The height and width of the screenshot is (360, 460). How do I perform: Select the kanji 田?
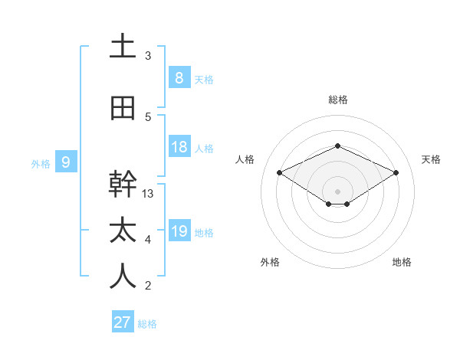point(123,109)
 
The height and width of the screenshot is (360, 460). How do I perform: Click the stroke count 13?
point(148,194)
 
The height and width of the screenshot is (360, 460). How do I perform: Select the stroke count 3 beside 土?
point(148,56)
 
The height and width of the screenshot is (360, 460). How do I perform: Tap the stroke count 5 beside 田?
point(148,117)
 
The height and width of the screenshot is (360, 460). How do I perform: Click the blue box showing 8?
point(179,78)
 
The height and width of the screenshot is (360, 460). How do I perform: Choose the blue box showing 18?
point(179,148)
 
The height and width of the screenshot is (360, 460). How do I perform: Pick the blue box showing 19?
point(179,231)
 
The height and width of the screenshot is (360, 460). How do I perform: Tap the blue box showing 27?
point(123,322)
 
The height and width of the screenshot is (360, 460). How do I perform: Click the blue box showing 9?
point(66,162)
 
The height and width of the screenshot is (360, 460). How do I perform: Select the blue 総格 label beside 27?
point(147,324)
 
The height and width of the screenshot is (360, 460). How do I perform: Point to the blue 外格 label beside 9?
point(40,163)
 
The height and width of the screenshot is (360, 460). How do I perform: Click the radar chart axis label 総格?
point(337,100)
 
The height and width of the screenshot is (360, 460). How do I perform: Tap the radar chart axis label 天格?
point(431,159)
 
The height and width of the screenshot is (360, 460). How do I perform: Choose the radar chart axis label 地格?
point(402,262)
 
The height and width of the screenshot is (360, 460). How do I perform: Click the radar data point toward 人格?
point(280,173)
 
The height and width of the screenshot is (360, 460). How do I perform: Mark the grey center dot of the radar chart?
point(337,190)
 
